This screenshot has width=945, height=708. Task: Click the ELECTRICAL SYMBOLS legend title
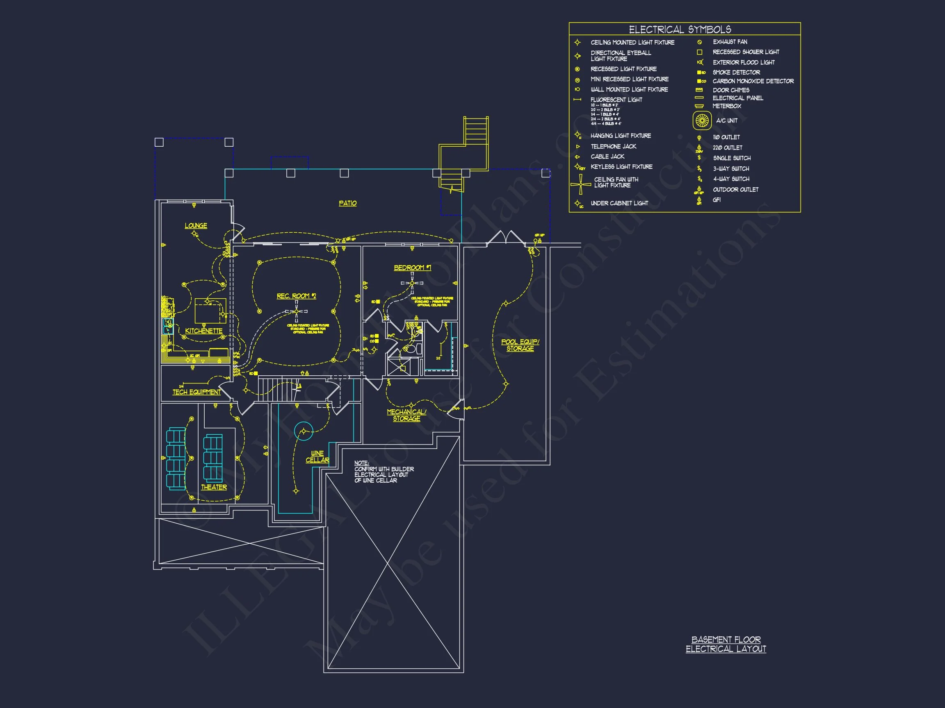click(680, 29)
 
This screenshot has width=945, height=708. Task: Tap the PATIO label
click(347, 204)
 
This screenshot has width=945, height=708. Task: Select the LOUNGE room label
click(196, 226)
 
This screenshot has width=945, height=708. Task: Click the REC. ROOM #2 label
click(296, 296)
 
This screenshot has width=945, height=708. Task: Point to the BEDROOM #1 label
click(412, 268)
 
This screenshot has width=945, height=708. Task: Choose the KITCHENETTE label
click(203, 331)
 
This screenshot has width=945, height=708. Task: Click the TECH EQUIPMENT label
click(196, 392)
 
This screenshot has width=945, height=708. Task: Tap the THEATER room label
click(214, 487)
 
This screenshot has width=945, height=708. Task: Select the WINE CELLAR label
click(317, 457)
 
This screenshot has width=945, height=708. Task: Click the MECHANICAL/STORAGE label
click(406, 415)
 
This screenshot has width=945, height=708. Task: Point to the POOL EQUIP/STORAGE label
click(520, 345)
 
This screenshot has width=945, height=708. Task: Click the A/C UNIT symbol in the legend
click(702, 121)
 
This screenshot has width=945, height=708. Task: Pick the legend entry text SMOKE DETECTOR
click(736, 73)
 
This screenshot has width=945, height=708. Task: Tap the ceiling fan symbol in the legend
click(581, 184)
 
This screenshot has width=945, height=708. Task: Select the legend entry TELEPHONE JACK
click(613, 146)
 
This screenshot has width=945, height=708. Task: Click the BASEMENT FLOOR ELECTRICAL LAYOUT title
click(726, 644)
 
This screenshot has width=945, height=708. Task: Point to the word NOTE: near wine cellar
click(361, 463)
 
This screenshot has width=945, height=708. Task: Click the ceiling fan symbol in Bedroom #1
click(412, 283)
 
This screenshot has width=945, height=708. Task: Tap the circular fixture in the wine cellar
click(304, 431)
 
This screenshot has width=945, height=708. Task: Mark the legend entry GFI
click(717, 200)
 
